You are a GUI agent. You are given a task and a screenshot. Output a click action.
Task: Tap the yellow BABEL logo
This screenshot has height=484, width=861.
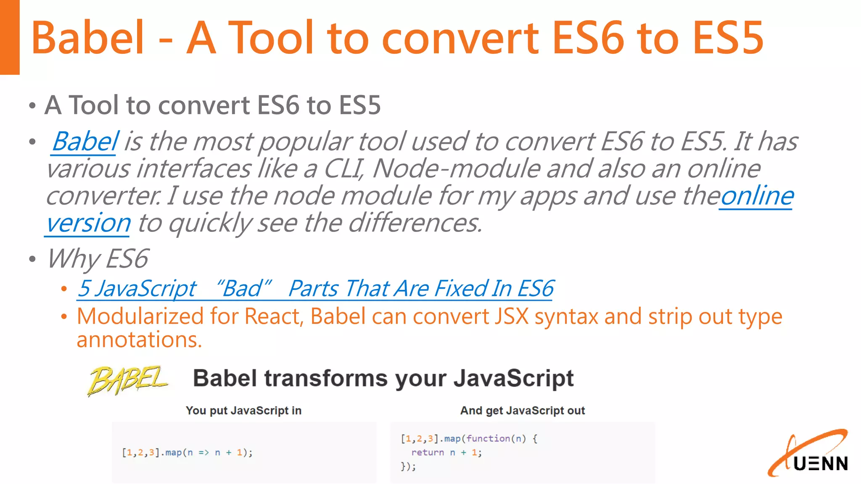127,380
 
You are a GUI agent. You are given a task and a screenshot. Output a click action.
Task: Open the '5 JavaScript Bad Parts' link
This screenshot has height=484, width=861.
315,289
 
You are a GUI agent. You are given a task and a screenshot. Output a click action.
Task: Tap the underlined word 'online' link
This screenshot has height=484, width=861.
757,196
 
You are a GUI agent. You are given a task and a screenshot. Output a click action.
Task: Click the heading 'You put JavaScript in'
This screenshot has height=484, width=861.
243,410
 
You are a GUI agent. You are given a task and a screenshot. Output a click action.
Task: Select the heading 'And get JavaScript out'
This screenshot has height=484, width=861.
522,410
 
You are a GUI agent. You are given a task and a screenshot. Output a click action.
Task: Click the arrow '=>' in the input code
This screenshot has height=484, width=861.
203,452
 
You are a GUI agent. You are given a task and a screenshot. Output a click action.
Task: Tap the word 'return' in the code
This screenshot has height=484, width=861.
427,452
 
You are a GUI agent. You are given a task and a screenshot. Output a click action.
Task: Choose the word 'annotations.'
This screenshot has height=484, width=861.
139,339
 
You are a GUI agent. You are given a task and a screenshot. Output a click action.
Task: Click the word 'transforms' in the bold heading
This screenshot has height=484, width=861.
325,378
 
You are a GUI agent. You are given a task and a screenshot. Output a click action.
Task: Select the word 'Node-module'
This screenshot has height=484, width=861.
456,169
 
